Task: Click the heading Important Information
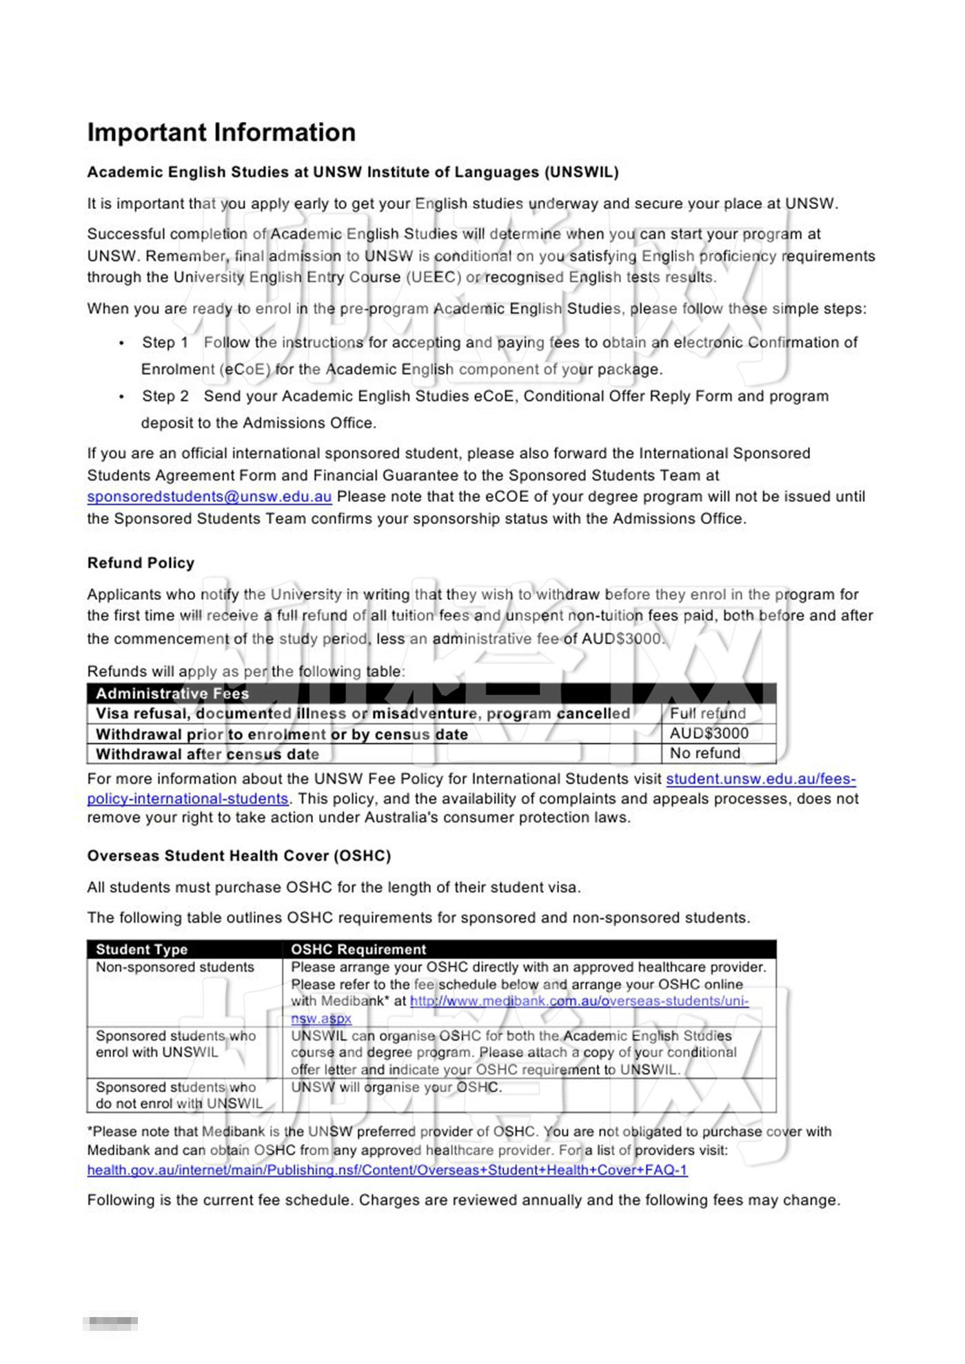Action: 221,132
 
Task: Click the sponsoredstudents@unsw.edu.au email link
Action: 209,497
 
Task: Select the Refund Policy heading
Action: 141,563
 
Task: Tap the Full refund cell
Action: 708,713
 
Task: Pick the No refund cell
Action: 704,753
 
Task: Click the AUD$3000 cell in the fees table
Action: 709,733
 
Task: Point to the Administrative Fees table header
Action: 172,693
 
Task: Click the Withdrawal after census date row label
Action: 207,754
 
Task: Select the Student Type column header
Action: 141,949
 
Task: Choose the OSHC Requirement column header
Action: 358,949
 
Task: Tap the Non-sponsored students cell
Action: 175,967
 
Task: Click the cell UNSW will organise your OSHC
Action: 396,1087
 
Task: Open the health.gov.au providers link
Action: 387,1170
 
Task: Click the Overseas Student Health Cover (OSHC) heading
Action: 238,856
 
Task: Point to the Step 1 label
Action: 165,342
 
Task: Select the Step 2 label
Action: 165,396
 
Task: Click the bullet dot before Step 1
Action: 122,343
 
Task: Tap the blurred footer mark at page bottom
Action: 110,1323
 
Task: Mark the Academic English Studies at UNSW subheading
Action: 352,172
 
